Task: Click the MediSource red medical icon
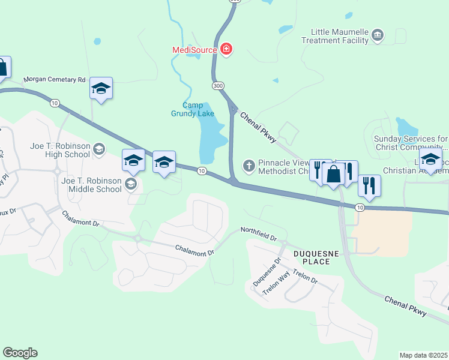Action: pos(226,49)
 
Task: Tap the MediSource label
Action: pos(194,50)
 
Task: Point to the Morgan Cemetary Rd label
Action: pos(55,80)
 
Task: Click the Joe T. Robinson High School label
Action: pos(60,150)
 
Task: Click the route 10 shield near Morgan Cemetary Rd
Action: pos(55,103)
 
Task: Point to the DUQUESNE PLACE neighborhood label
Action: pos(312,257)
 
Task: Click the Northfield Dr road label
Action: pos(259,233)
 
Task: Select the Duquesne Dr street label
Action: pos(267,272)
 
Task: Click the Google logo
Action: pos(20,353)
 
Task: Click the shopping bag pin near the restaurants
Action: pos(333,174)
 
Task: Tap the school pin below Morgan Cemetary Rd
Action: pos(101,89)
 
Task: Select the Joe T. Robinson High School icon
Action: pos(100,148)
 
